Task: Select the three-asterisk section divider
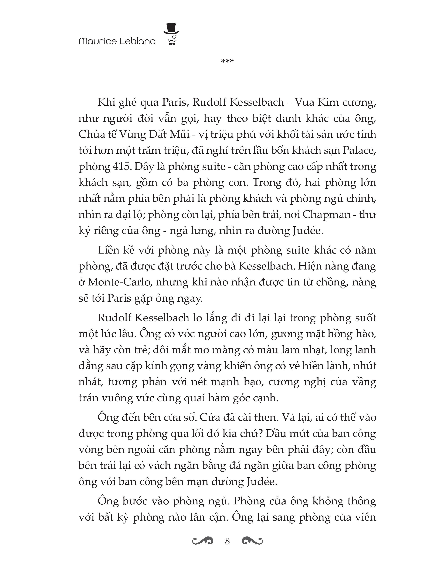pos(227,62)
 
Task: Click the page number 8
pos(227,541)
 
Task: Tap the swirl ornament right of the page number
pos(252,541)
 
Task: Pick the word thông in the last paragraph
pos(362,501)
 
